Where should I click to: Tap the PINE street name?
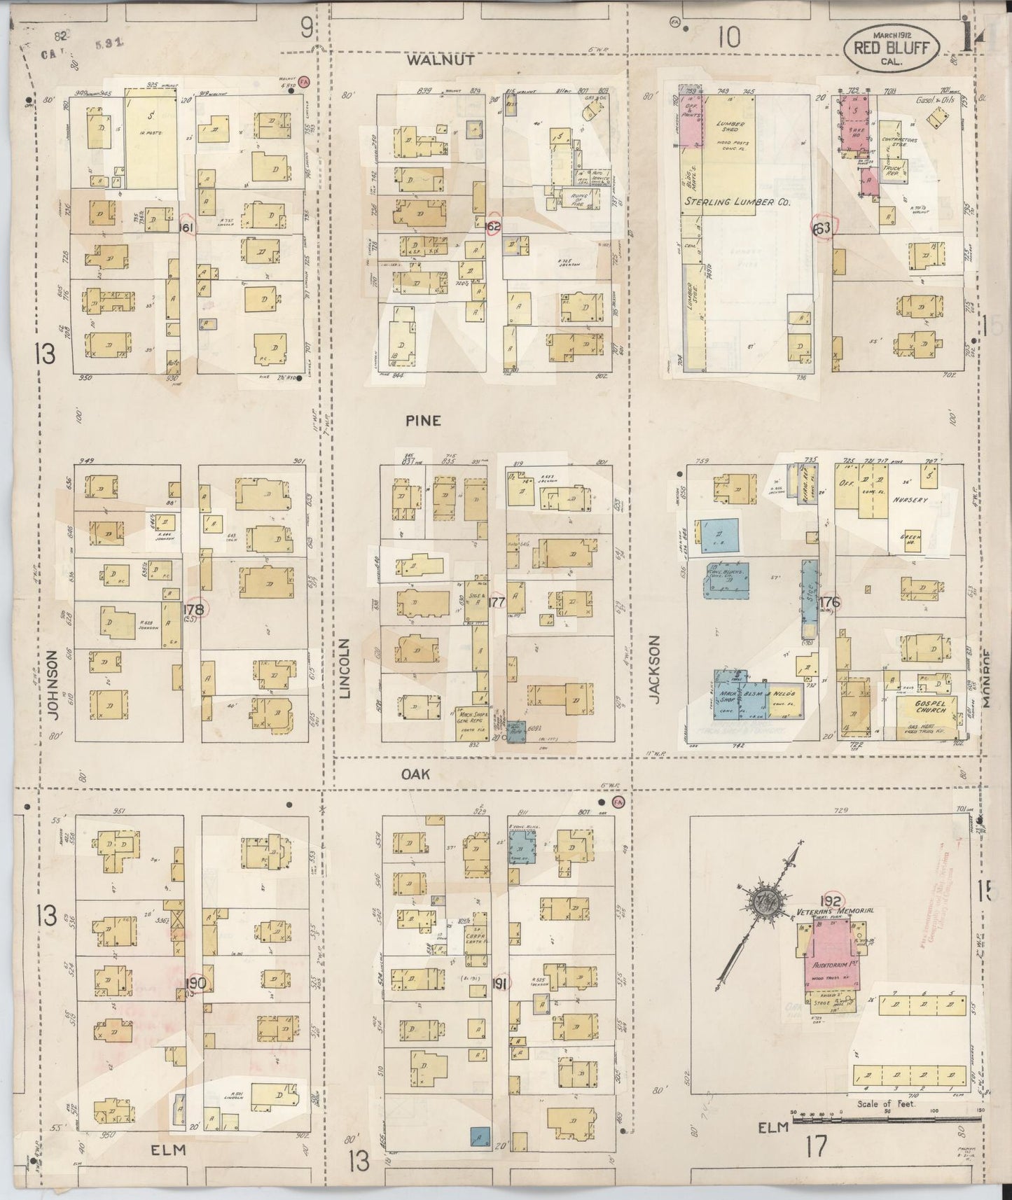(x=423, y=420)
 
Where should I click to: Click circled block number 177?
(x=497, y=602)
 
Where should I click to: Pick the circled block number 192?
(x=831, y=899)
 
